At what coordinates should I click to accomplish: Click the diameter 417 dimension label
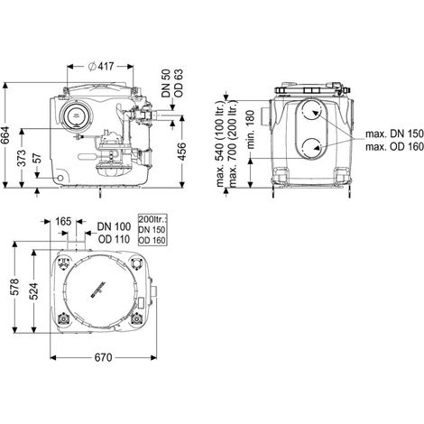(x=101, y=66)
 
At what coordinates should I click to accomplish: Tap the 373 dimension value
(x=22, y=158)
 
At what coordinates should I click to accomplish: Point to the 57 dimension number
(x=36, y=158)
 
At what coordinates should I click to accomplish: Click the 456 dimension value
(x=181, y=152)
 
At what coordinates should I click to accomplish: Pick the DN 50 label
(x=166, y=83)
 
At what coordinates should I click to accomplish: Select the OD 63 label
(x=179, y=83)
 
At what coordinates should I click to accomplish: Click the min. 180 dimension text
(x=250, y=129)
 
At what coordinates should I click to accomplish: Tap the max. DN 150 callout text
(x=394, y=134)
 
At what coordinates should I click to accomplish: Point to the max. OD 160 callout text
(x=394, y=147)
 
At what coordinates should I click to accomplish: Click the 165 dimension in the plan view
(x=63, y=222)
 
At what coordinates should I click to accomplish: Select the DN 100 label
(x=114, y=226)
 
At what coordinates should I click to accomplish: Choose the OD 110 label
(x=114, y=239)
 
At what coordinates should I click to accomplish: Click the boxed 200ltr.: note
(x=152, y=230)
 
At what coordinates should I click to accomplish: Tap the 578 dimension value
(x=15, y=287)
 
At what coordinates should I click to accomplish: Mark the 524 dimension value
(x=33, y=291)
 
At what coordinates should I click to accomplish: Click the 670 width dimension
(x=103, y=357)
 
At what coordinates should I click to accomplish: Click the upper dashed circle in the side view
(x=311, y=111)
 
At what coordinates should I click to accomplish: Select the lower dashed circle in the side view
(x=311, y=148)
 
